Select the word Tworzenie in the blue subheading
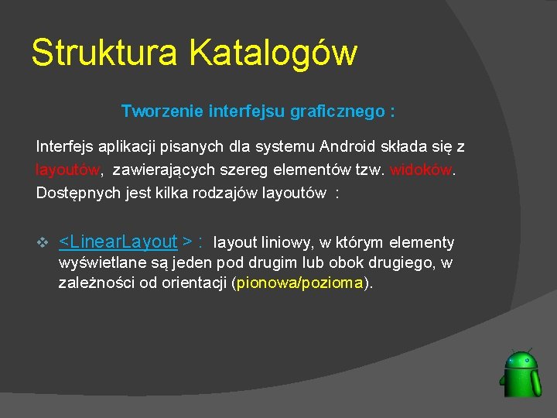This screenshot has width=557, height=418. coord(162,111)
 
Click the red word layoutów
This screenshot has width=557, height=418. coord(67,170)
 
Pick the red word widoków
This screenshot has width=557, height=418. coord(420,170)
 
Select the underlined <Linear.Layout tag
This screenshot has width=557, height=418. coord(118,242)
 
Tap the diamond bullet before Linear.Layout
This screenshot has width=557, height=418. coord(43,242)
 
